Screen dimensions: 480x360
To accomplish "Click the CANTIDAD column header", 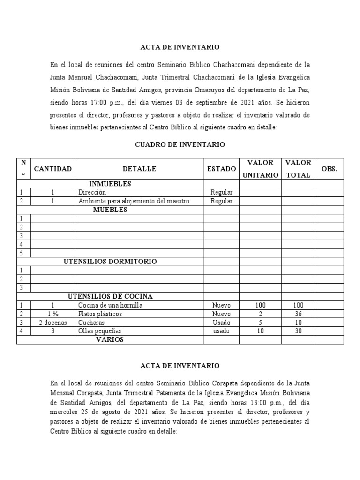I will (52, 169).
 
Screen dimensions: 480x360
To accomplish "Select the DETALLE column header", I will (139, 169).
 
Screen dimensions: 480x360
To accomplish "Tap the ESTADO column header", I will (221, 169).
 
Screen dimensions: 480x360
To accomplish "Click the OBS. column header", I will (330, 169).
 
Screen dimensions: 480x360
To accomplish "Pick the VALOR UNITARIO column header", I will (260, 169).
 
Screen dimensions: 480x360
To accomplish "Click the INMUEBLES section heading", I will (110, 184).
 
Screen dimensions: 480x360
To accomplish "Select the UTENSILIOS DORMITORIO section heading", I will (110, 262).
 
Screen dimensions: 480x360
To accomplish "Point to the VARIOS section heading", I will (110, 339).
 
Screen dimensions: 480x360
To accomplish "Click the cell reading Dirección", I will (92, 192).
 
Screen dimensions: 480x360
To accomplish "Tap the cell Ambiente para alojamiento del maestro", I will (134, 201).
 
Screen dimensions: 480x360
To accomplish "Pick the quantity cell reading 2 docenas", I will (53, 322).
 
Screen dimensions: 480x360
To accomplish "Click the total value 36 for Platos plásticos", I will (298, 314).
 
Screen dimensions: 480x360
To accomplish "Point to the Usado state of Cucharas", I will (221, 322).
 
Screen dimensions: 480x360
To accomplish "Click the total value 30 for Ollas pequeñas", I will (298, 331).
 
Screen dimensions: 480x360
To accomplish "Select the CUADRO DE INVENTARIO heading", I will (180, 145).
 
